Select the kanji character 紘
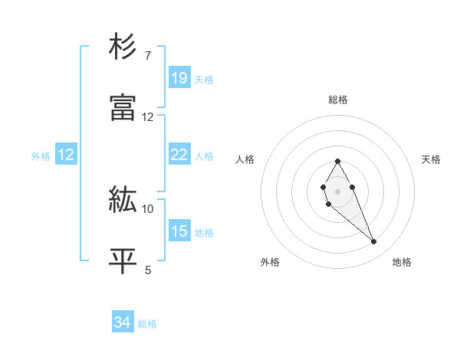point(123,200)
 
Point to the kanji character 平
point(123,260)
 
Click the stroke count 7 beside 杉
point(148,56)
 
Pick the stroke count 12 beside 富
point(148,117)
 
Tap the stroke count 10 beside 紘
point(148,208)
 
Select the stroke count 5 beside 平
point(148,270)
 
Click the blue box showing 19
point(179,78)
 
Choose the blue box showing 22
point(179,155)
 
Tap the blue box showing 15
point(179,231)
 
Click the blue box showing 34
point(123,323)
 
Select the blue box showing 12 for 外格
point(66,155)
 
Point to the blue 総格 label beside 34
point(147,324)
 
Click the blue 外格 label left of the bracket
point(41,155)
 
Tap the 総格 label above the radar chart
point(338,100)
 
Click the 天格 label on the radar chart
point(432,159)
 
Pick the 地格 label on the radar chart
point(402,262)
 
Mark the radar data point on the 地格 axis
point(374,242)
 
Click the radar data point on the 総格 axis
point(337,161)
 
